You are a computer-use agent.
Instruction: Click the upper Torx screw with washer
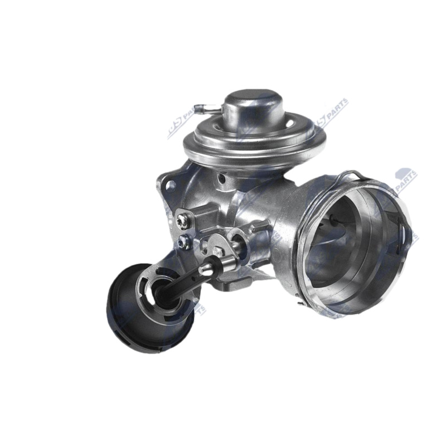(181, 221)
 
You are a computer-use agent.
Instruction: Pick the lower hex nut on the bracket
(183, 243)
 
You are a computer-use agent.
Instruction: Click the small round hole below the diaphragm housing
(222, 179)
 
